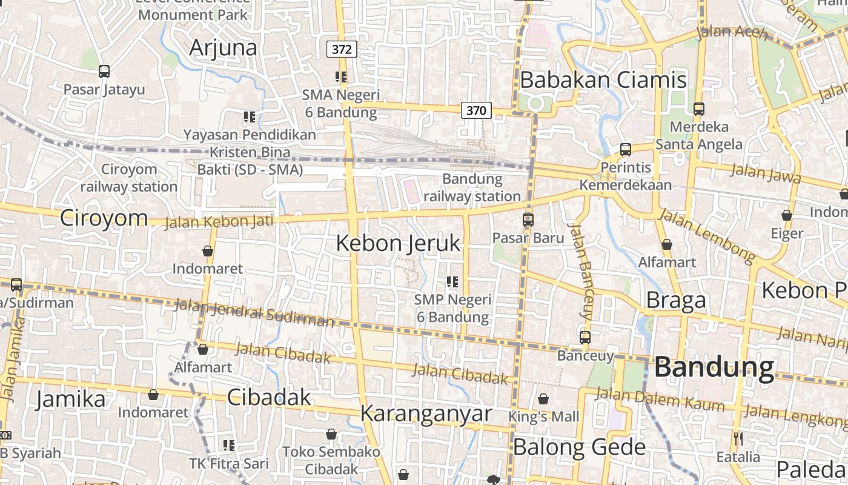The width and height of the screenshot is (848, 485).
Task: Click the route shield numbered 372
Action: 342,49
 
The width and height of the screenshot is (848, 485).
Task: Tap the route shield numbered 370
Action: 476,110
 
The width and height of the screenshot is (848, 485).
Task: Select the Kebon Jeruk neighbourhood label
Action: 398,243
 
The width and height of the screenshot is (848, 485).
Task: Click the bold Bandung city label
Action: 714,367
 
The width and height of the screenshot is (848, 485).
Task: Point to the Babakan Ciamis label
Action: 603,80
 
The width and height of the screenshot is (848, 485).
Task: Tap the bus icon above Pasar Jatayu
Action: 104,72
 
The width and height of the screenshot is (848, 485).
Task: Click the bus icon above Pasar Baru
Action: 528,219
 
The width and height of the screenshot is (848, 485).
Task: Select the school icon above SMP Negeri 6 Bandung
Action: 452,281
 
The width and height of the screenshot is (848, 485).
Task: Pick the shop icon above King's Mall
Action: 543,399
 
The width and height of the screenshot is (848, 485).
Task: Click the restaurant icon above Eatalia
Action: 738,438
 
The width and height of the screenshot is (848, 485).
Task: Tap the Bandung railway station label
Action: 472,187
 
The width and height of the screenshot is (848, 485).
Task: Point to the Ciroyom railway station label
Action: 128,178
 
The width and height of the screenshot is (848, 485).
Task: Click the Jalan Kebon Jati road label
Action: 219,221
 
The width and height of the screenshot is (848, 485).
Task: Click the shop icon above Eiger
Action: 786,215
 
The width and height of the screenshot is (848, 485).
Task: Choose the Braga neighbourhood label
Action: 676,300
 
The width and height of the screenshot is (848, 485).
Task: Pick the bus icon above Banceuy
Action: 585,338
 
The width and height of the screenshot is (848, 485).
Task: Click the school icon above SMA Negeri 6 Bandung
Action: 341,77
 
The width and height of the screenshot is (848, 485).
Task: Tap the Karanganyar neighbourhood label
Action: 426,413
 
